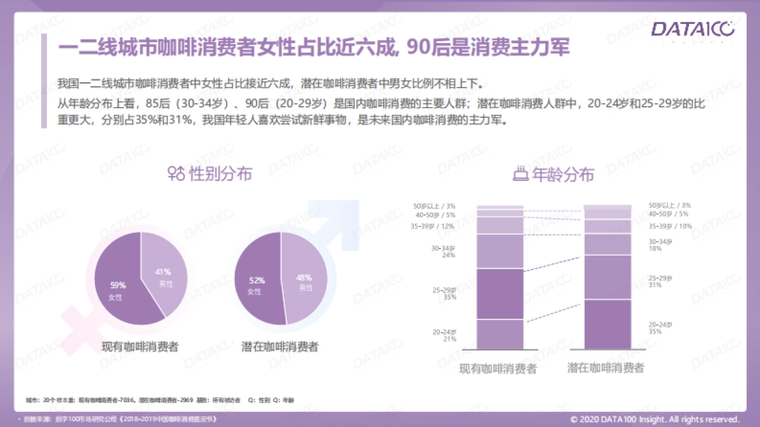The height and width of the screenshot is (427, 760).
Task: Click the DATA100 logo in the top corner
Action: [x=693, y=29]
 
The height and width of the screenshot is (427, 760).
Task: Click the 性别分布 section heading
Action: [x=220, y=173]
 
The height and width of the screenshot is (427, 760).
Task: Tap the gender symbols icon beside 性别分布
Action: [x=176, y=173]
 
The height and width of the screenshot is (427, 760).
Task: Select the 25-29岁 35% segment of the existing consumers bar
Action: [x=500, y=294]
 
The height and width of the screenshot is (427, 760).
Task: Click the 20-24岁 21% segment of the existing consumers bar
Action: [x=500, y=333]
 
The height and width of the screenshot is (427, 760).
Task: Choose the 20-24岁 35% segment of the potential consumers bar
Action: [x=607, y=323]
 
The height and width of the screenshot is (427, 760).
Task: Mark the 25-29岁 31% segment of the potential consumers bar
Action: [x=607, y=276]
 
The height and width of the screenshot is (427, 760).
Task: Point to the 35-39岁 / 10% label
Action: [x=669, y=226]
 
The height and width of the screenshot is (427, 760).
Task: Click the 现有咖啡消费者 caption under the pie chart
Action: [x=141, y=347]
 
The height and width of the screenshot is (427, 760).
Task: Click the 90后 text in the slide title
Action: [x=426, y=48]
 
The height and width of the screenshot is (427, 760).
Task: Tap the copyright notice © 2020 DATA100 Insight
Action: [x=655, y=419]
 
